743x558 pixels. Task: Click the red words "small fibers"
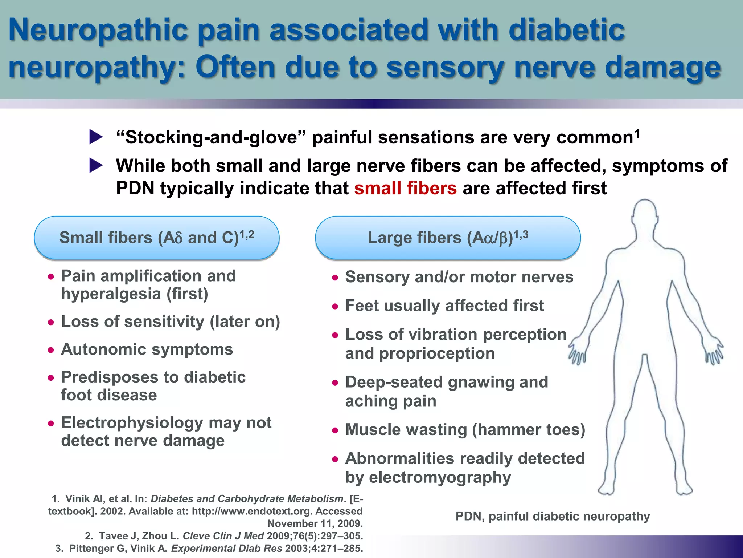[405, 188]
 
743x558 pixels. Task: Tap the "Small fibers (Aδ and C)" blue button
[157, 238]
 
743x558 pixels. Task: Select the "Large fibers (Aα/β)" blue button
[448, 238]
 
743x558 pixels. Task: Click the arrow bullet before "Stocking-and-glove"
[96, 137]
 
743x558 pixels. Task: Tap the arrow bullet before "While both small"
[96, 166]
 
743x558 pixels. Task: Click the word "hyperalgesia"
[111, 294]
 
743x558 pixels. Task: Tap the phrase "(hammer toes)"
[529, 430]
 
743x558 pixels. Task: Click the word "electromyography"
[440, 477]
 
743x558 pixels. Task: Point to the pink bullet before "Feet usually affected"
[335, 307]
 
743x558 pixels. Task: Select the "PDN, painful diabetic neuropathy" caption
[553, 516]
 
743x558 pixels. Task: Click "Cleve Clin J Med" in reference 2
[223, 536]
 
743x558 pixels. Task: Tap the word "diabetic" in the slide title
[566, 30]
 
